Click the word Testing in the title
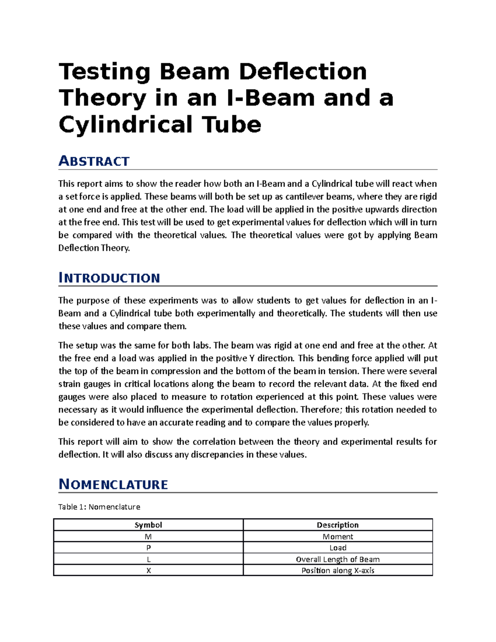coord(104,72)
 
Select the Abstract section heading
coord(94,161)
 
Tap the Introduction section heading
coord(109,277)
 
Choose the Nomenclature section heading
coord(113,484)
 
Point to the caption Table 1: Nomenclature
coord(99,507)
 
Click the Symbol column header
coord(148,525)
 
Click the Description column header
coord(337,525)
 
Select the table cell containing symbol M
coord(148,537)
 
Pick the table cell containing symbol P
coord(148,548)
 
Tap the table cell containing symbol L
coord(148,559)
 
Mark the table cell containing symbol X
coord(148,570)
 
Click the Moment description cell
coord(337,537)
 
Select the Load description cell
coord(337,548)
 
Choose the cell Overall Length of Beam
coord(337,559)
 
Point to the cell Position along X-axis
coord(337,570)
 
